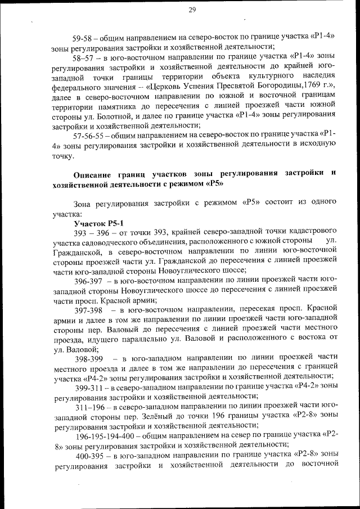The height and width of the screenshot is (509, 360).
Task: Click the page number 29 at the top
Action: (192, 10)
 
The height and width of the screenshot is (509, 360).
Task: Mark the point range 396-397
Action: (91, 280)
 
